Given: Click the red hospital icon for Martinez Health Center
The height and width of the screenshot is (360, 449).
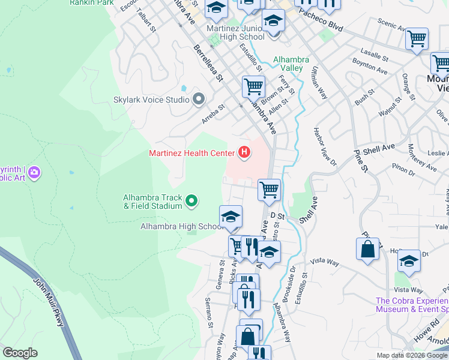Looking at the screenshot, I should pyautogui.click(x=244, y=153).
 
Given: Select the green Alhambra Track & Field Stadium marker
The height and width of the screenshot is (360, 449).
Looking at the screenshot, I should pyautogui.click(x=191, y=201).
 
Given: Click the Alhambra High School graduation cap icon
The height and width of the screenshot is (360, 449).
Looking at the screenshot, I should pyautogui.click(x=231, y=217).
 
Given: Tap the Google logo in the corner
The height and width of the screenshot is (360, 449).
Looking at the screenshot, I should pyautogui.click(x=20, y=353).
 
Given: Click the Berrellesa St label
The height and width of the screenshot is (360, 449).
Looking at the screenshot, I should pyautogui.click(x=208, y=62).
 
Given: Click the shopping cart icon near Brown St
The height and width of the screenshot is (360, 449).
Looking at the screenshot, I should pyautogui.click(x=253, y=86).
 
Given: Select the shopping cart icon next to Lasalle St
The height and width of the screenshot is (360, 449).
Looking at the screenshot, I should pyautogui.click(x=417, y=39).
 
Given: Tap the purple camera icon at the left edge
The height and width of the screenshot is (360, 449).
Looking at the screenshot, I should pyautogui.click(x=34, y=173).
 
